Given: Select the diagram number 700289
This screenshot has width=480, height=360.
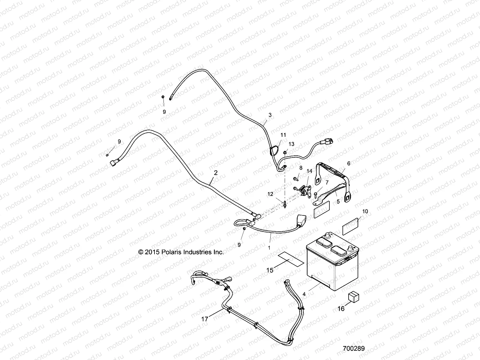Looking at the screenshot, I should [354, 349].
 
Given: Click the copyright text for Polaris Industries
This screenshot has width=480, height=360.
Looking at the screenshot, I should [181, 252].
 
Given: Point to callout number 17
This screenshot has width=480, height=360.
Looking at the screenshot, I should [205, 319].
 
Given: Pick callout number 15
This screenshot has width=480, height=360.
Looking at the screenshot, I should [270, 270].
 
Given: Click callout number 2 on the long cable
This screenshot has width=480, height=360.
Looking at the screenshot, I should [215, 173].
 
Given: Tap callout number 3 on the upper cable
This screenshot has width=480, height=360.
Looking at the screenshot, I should [270, 115].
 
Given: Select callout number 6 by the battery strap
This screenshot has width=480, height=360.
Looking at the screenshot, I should [349, 163].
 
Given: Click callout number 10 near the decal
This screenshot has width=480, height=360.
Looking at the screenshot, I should [365, 211].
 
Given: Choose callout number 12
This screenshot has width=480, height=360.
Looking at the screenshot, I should [271, 194].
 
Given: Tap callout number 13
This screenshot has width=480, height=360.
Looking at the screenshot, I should [292, 144].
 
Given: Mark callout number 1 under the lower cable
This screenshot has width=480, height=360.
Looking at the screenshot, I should [269, 248].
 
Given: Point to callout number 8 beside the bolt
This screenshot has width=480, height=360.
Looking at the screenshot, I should [301, 168].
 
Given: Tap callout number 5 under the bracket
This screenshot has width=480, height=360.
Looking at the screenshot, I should [338, 202].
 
